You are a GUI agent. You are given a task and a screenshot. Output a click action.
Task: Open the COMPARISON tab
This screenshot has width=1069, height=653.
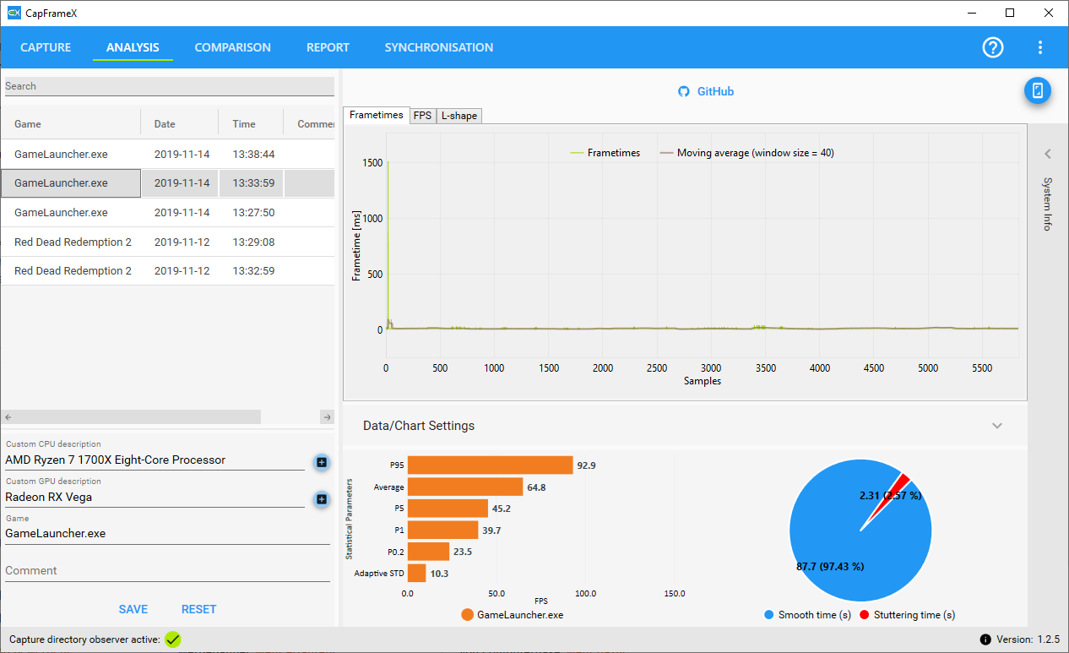(x=232, y=47)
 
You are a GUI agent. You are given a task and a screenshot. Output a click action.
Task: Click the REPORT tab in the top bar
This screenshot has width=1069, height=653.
(x=328, y=47)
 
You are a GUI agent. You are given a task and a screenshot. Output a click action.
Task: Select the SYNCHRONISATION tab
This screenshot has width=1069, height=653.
(x=438, y=47)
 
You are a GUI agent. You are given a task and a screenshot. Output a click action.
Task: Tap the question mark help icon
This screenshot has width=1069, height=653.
(x=993, y=47)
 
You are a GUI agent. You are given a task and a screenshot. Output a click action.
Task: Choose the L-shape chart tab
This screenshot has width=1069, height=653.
(x=459, y=116)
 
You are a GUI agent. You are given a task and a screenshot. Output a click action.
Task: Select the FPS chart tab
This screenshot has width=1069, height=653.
(x=422, y=116)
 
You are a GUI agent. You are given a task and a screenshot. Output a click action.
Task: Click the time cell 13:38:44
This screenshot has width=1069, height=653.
(x=253, y=155)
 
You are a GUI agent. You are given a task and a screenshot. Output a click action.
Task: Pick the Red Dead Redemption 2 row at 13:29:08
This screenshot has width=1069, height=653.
(x=73, y=242)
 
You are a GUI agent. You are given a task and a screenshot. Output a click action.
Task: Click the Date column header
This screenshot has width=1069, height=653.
(x=165, y=124)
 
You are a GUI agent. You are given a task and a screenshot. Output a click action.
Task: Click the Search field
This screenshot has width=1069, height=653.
(x=169, y=86)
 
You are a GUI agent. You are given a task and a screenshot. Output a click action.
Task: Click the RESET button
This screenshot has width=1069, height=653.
(x=198, y=609)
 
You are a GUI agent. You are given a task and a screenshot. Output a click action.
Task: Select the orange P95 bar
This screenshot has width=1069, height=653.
(x=490, y=465)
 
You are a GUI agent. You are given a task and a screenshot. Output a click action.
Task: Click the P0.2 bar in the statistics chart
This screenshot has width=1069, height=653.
(x=428, y=552)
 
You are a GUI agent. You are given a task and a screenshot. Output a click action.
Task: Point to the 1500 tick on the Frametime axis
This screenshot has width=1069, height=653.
(x=372, y=163)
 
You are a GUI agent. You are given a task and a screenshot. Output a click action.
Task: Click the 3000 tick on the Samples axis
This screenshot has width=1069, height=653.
(x=711, y=368)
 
